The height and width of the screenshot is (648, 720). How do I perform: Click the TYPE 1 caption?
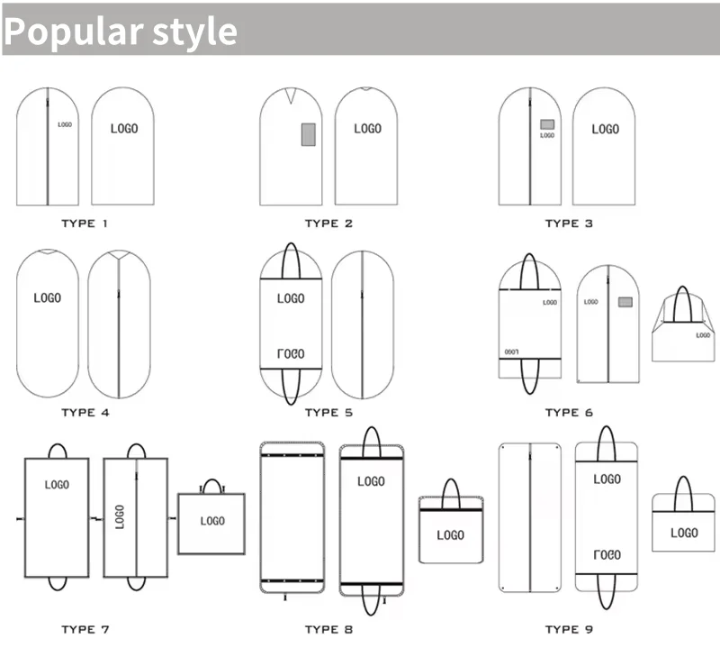pos(85,223)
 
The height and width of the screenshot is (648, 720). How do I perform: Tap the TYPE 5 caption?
pos(328,413)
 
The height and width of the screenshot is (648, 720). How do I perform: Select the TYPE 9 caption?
pos(569,629)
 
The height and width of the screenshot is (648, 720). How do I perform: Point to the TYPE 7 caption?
pos(85,629)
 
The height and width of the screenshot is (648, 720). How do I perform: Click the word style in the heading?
pos(191,32)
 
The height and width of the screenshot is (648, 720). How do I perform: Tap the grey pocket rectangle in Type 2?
pos(309,133)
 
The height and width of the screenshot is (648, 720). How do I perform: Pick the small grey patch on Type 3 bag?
pos(546,125)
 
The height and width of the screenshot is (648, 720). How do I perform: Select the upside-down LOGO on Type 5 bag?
pos(291,353)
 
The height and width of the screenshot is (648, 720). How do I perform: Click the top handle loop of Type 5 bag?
pos(291,260)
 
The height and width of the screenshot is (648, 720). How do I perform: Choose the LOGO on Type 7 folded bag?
pos(212,521)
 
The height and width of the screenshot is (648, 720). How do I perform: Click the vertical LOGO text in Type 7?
pos(120,516)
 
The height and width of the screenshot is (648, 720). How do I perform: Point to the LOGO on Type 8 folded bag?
pos(450,535)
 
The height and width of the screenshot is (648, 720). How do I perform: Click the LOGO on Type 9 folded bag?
pos(684,533)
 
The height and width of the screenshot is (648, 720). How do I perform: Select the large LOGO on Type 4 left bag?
pos(48,297)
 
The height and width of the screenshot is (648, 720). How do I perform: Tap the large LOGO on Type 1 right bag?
pos(124,129)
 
